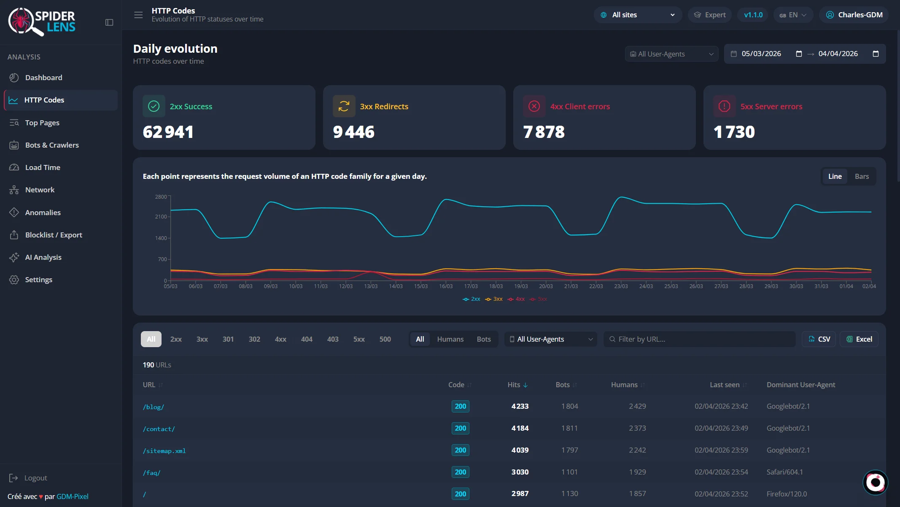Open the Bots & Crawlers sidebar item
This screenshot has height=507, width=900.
tap(52, 145)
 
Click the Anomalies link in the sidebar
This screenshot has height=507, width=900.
tap(43, 213)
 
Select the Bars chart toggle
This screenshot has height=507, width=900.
tap(862, 176)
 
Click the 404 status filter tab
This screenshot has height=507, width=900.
tap(307, 339)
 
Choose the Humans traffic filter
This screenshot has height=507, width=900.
tap(450, 339)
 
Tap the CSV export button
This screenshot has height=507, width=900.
tap(819, 339)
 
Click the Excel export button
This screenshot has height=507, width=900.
tap(859, 339)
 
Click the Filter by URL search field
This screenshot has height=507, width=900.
tap(700, 339)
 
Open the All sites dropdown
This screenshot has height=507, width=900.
tap(638, 15)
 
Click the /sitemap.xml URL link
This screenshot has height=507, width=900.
tap(164, 451)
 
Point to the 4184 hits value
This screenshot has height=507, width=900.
tap(520, 428)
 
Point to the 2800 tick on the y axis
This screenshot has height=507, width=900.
tap(161, 197)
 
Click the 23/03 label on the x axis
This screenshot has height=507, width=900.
tap(621, 286)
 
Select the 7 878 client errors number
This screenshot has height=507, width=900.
tap(544, 132)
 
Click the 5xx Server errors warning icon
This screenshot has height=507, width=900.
tap(724, 106)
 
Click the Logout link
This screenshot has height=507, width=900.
tap(35, 478)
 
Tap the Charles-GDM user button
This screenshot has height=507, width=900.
tap(854, 15)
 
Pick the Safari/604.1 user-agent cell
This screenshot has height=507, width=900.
tap(784, 472)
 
